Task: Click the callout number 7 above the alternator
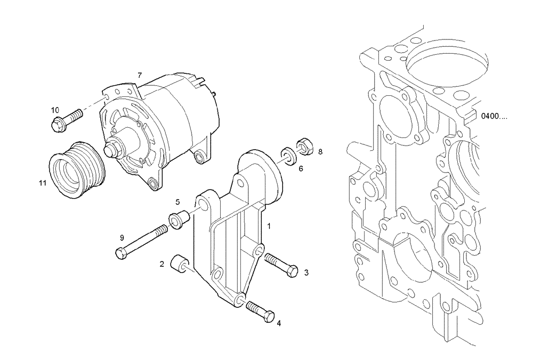(139, 75)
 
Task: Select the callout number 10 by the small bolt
(55, 110)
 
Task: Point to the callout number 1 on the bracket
(269, 226)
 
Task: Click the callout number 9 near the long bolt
(122, 237)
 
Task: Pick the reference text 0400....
(494, 116)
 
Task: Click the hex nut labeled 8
(303, 144)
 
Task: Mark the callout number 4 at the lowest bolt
(278, 323)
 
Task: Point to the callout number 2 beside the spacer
(161, 264)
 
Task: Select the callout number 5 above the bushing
(178, 202)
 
